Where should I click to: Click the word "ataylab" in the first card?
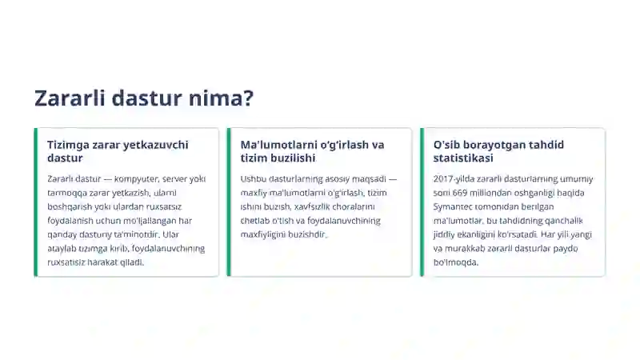(62, 248)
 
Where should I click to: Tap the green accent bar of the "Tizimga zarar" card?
(36, 202)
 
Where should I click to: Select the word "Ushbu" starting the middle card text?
(254, 179)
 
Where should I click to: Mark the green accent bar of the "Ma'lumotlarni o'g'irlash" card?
(229, 202)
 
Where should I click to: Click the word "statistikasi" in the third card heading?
(463, 158)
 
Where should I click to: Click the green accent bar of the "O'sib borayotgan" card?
(422, 202)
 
